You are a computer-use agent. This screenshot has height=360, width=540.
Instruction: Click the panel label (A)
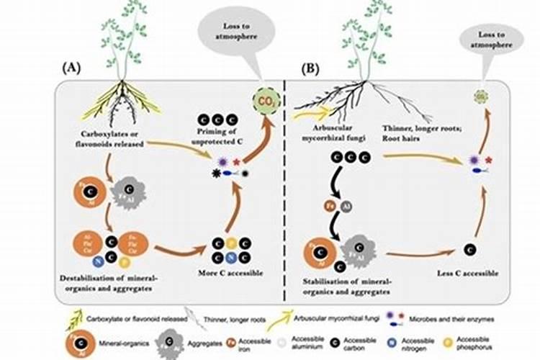click(x=71, y=69)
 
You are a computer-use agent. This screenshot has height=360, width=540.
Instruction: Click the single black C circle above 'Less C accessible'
click(x=469, y=250)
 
